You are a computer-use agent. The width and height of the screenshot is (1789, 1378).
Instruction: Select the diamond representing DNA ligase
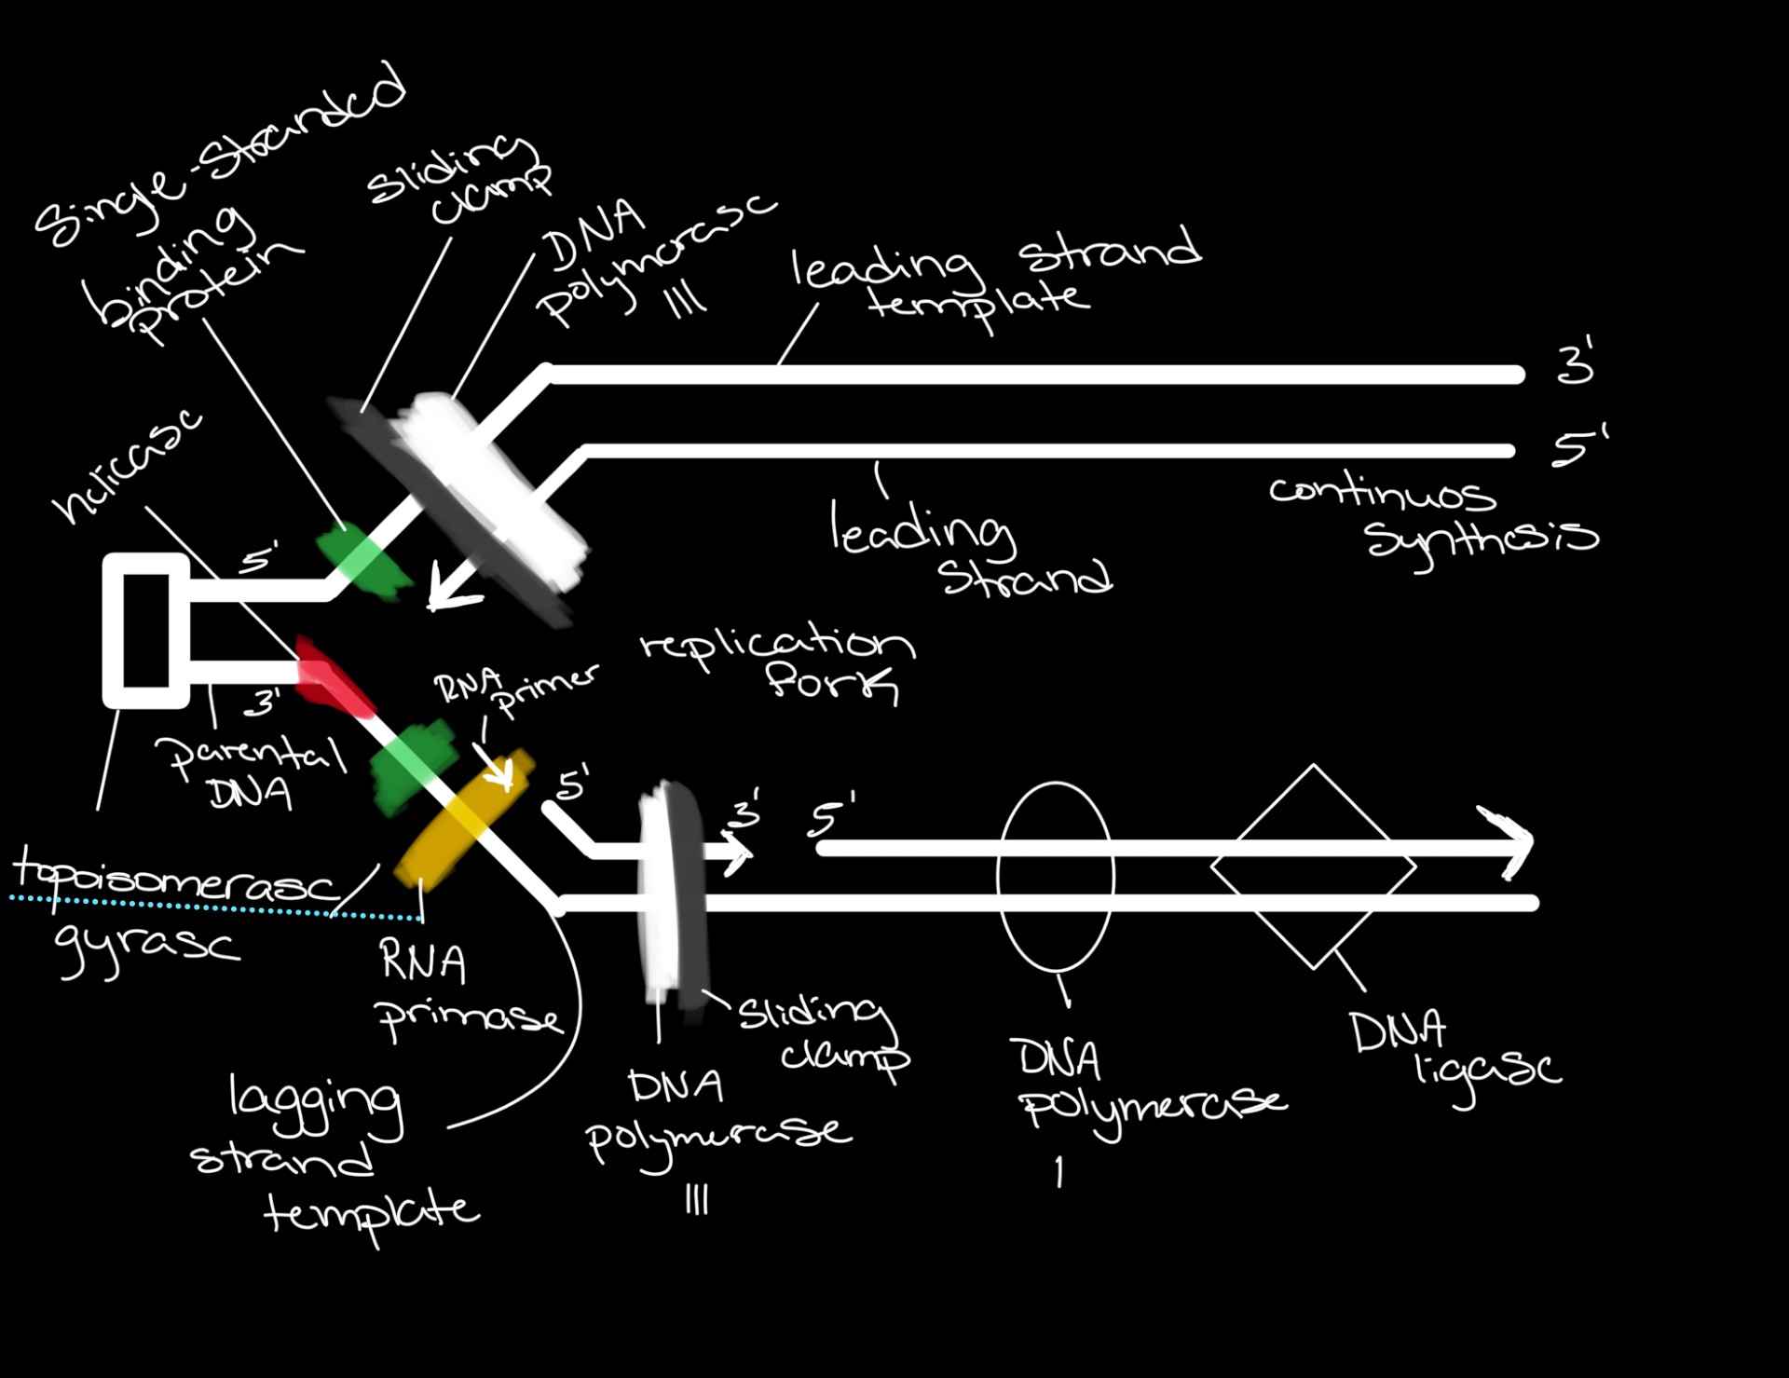[1313, 867]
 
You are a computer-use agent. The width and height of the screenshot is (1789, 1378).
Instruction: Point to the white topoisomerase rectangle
[146, 630]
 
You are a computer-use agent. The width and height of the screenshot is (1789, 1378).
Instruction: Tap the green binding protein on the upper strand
[363, 559]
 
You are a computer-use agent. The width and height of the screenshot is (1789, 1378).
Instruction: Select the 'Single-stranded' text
[219, 154]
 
